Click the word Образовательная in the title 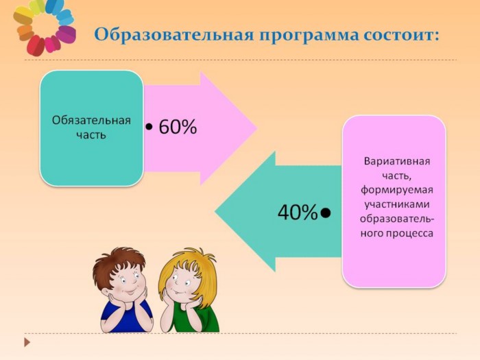(x=174, y=34)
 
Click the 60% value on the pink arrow (x=178, y=127)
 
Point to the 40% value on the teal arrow (x=297, y=212)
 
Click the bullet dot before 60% (x=149, y=126)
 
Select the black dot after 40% (x=325, y=213)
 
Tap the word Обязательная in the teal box (x=91, y=120)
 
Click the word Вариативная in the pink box (x=397, y=161)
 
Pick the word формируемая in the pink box (x=397, y=191)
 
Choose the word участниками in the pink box (x=397, y=204)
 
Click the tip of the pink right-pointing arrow (x=256, y=128)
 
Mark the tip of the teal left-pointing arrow (x=215, y=211)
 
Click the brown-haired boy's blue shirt (x=126, y=317)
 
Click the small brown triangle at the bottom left (x=27, y=342)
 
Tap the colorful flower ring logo (x=45, y=27)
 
